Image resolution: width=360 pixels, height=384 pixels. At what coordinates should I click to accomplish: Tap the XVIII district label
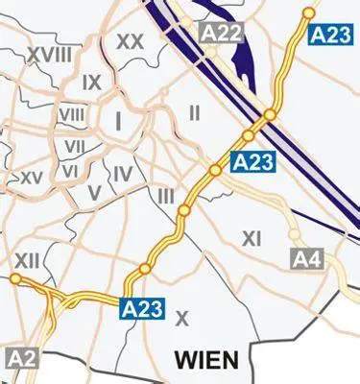[50, 56]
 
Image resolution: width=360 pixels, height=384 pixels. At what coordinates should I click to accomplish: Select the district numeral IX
[92, 83]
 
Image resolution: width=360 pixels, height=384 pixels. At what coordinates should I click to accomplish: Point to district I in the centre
[118, 121]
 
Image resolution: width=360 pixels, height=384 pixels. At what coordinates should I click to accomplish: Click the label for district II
[195, 113]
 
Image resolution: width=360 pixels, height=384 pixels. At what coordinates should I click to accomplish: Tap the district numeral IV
[122, 174]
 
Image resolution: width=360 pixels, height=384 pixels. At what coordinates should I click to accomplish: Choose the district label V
[93, 192]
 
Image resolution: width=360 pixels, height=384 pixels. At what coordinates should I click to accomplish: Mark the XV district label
[32, 178]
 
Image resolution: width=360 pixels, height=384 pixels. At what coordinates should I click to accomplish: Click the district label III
[166, 196]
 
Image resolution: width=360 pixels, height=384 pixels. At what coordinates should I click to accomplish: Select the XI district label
[252, 237]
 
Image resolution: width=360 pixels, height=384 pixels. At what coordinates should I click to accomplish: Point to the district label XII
[26, 259]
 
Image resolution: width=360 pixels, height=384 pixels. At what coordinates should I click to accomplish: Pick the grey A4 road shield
[306, 258]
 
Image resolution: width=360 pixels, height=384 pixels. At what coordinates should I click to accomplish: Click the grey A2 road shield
[23, 358]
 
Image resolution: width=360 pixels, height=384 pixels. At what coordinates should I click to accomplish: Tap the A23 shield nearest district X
[142, 308]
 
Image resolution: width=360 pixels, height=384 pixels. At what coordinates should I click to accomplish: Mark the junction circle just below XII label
[15, 278]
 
